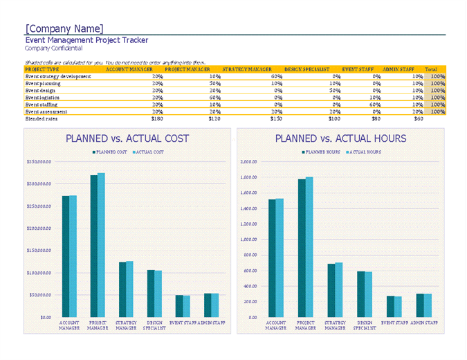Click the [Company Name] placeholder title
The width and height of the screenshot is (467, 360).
64,29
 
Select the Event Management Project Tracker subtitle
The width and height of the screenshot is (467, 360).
86,40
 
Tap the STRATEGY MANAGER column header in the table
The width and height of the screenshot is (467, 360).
247,69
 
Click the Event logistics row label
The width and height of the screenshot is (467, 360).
46,98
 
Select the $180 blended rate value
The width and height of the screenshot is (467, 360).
157,119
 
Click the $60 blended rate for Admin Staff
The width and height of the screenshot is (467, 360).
419,119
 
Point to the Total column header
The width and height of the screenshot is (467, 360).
431,69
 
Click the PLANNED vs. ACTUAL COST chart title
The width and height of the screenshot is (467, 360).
127,138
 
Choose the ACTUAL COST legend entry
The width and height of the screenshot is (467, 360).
148,152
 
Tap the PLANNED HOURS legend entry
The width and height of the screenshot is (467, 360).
322,152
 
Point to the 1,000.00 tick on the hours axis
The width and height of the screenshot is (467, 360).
248,240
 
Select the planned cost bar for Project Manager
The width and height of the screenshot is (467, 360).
94,246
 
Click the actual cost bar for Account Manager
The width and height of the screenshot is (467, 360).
73,256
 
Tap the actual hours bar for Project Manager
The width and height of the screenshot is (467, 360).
309,247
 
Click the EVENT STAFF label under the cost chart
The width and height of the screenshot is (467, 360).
183,323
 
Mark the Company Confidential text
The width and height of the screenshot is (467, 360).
53,48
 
